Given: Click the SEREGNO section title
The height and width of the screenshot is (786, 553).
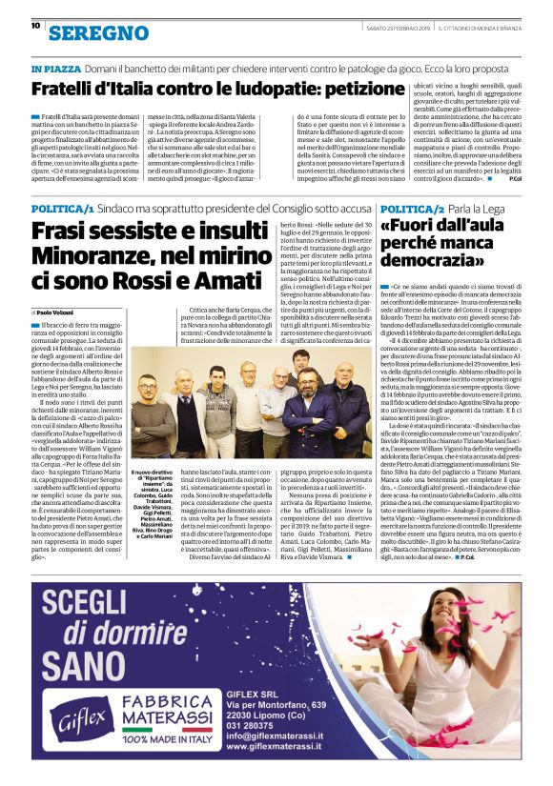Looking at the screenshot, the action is click(x=85, y=33).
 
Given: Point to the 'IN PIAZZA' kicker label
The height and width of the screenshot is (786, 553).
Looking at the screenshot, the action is click(x=55, y=70).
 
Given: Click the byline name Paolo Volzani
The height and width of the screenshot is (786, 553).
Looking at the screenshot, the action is click(x=56, y=312).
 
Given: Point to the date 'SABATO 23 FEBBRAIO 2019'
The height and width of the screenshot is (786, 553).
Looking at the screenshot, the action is click(x=401, y=27).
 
